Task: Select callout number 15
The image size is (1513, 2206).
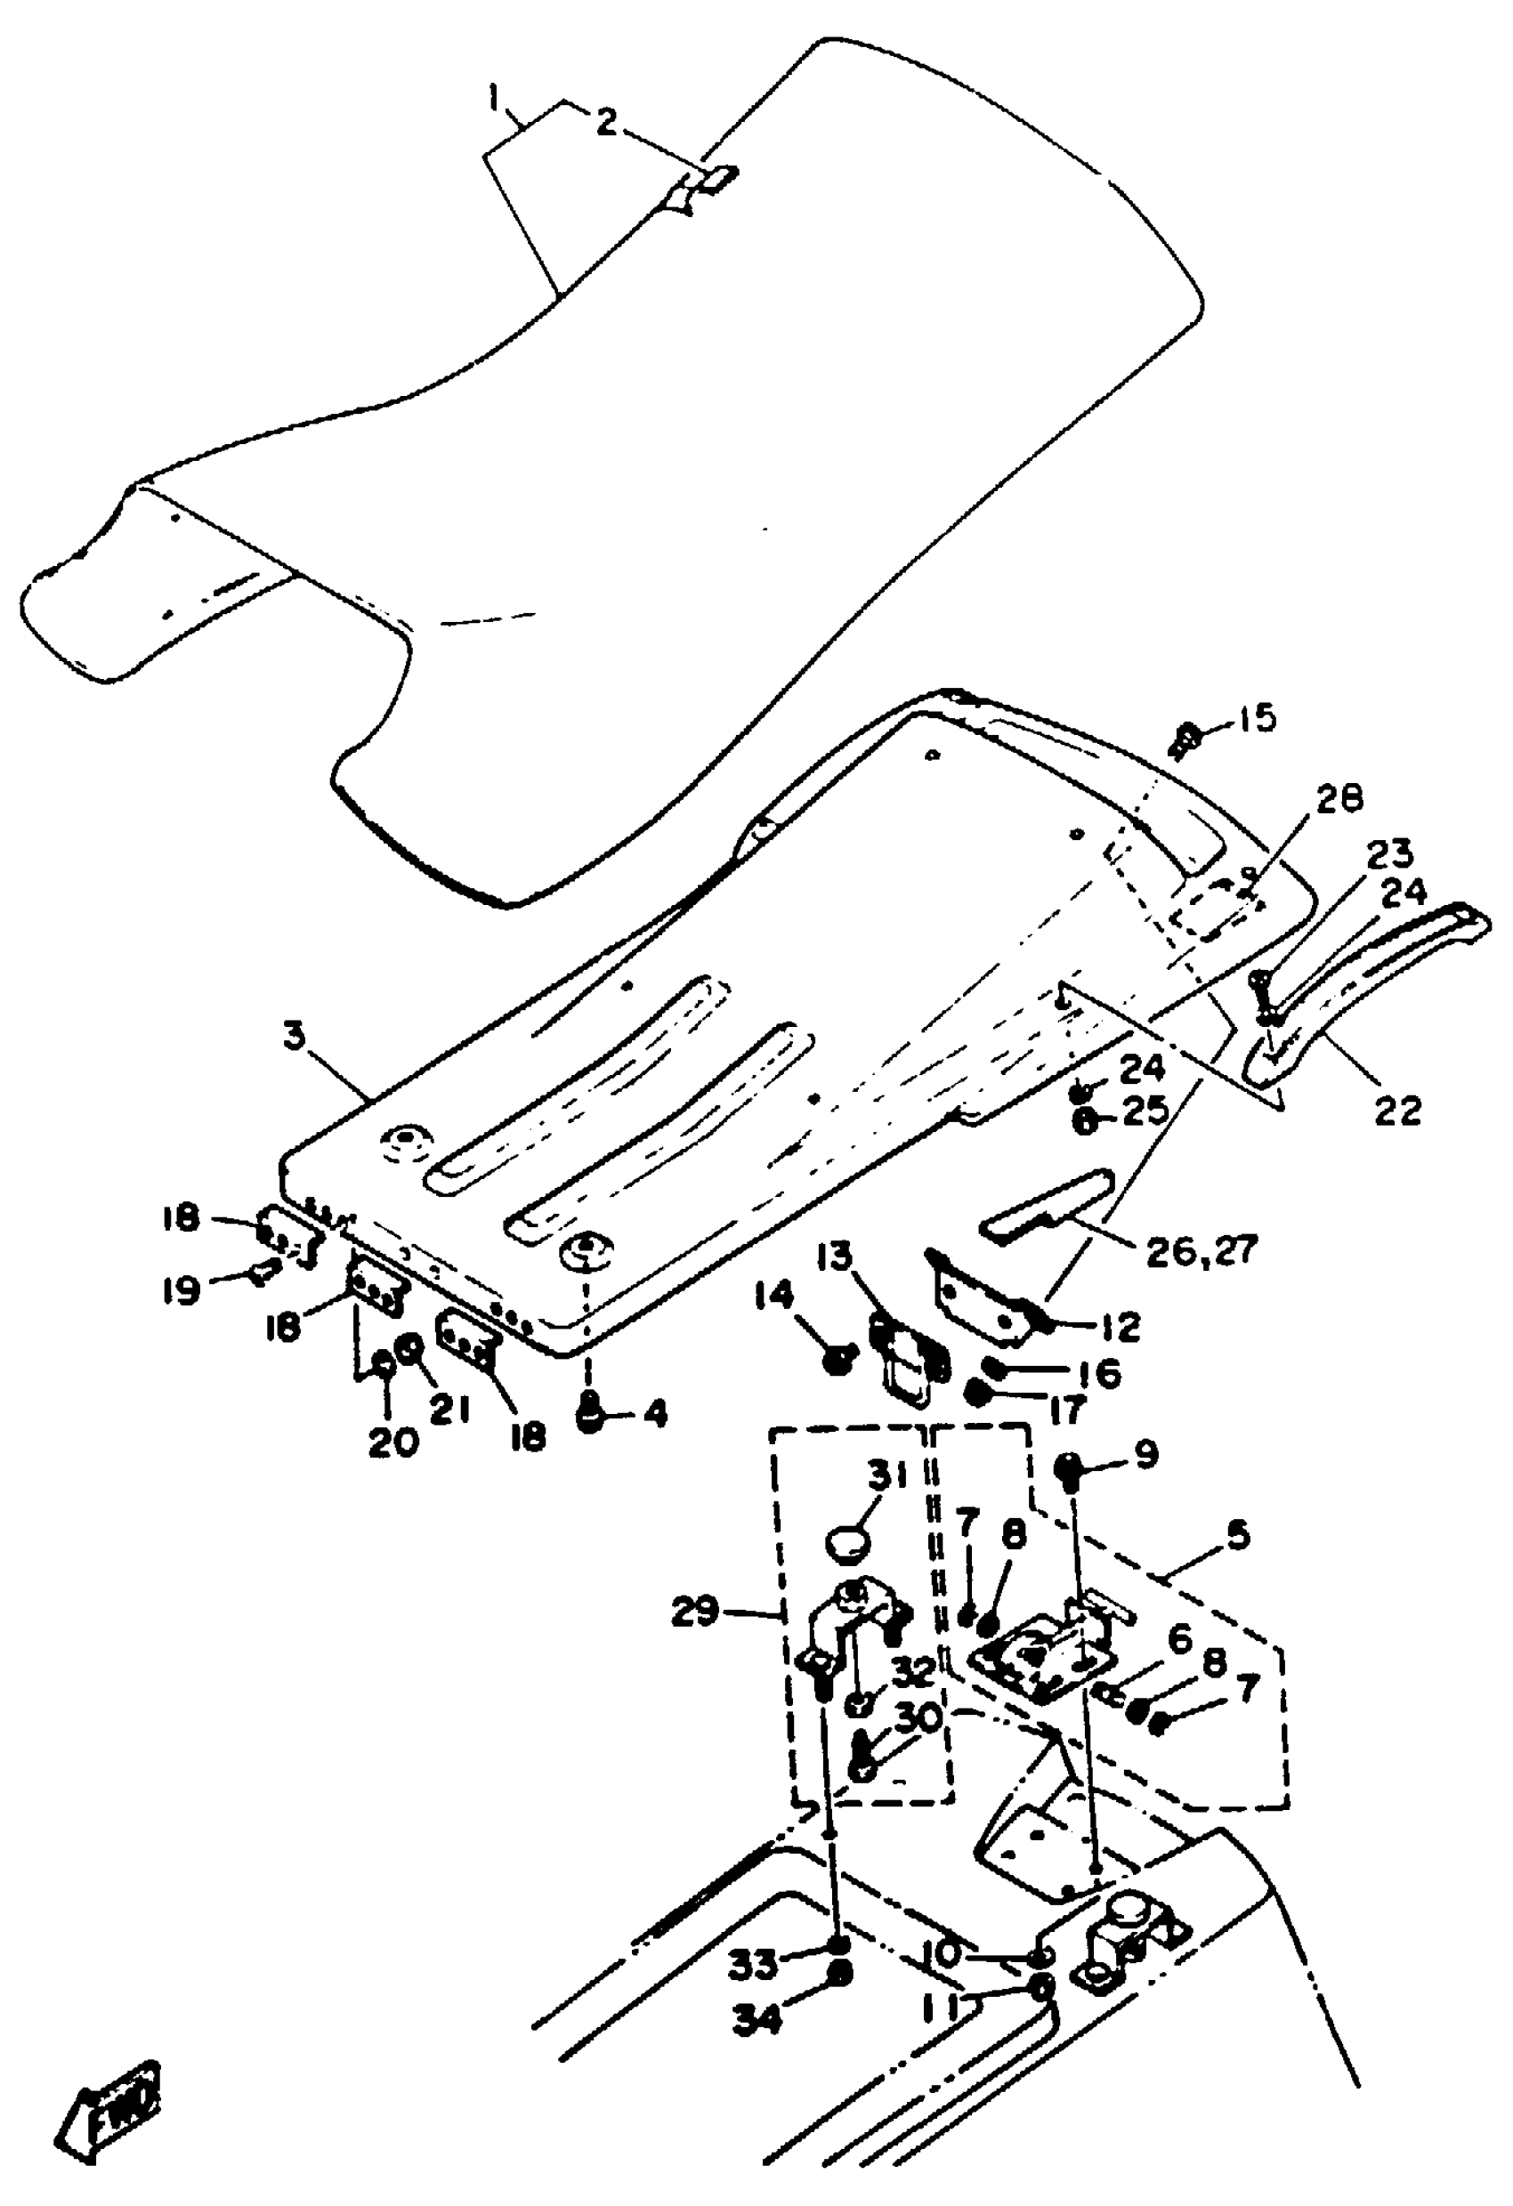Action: tap(1258, 717)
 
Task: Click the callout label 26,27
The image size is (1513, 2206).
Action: tap(1201, 1251)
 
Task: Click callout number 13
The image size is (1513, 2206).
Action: tap(834, 1260)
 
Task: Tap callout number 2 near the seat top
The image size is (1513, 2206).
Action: tap(606, 122)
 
